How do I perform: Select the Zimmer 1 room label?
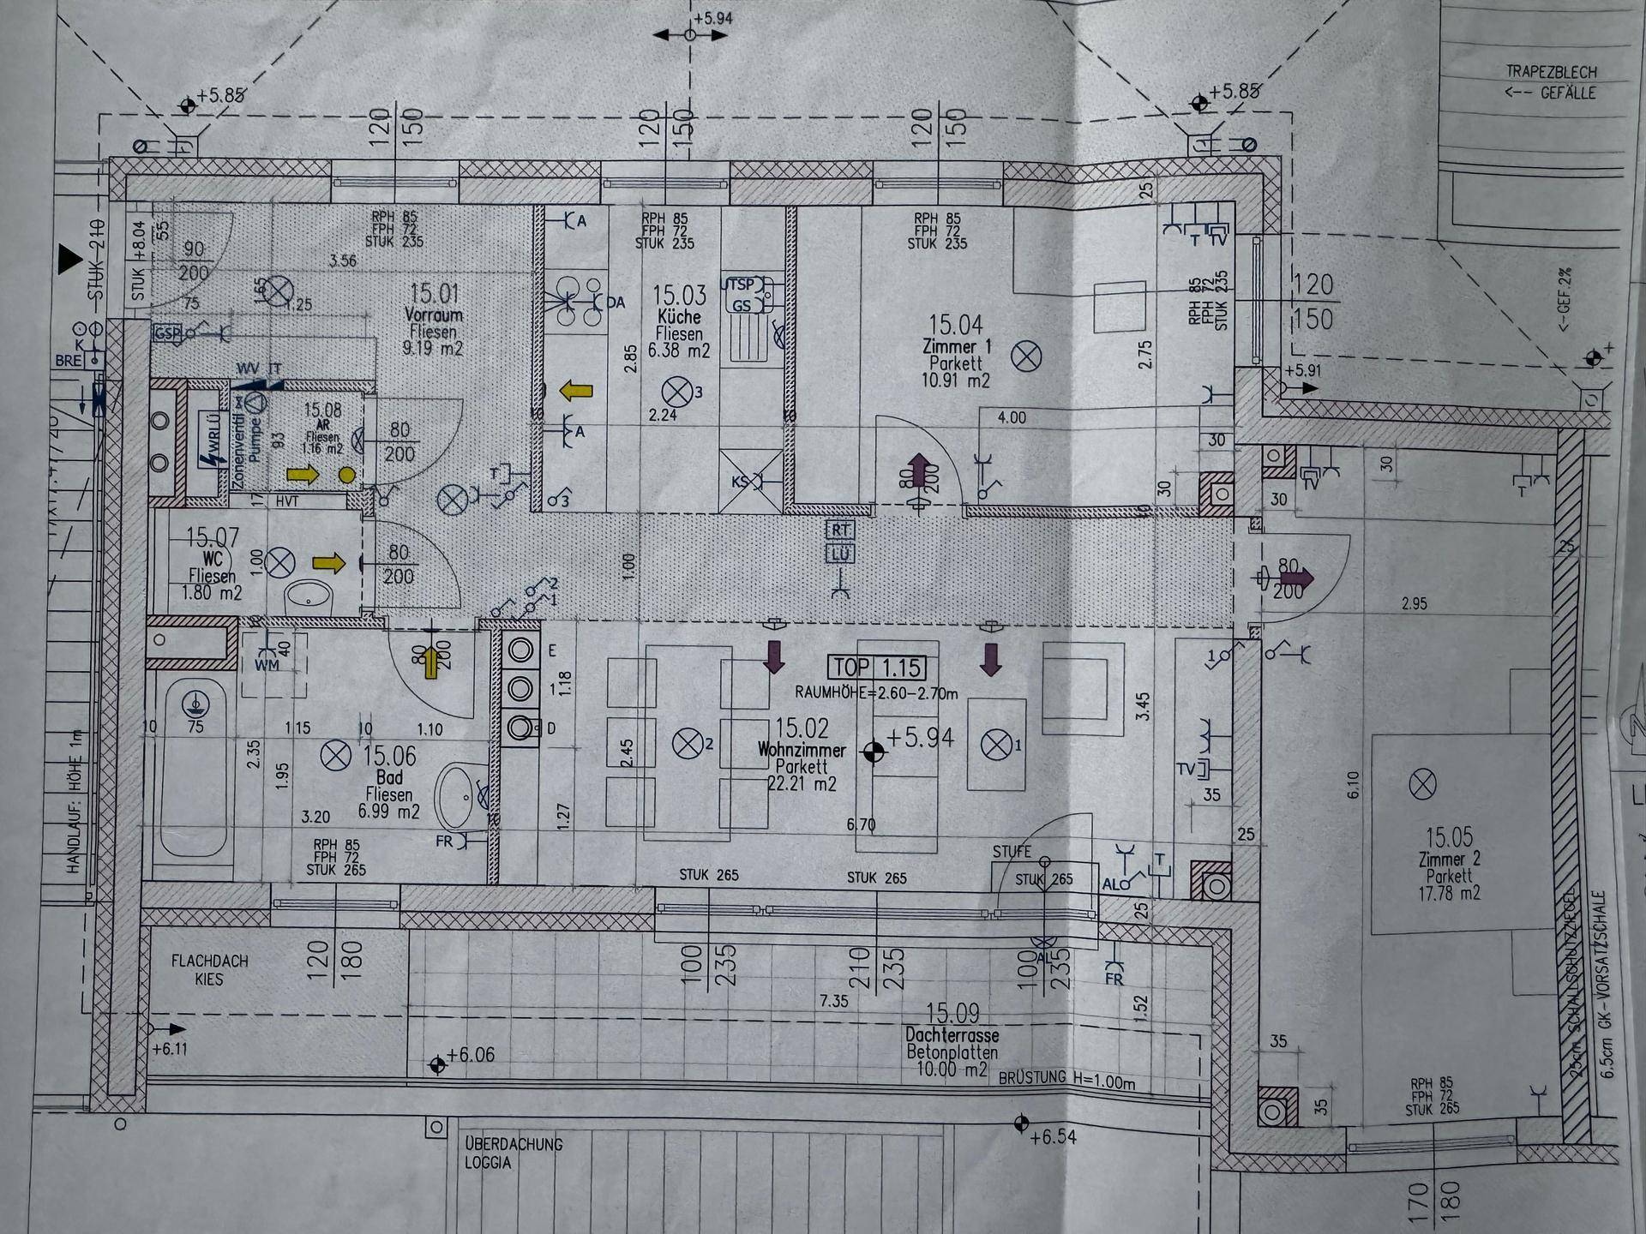(956, 347)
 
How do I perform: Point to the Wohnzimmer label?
(802, 751)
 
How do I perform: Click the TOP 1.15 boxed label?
(877, 668)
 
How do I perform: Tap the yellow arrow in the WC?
(328, 563)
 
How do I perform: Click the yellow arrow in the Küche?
(576, 392)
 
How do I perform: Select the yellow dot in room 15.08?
(346, 475)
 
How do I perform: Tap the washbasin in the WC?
(309, 595)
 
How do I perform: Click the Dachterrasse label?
(952, 1035)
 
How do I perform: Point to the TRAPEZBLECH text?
(1551, 72)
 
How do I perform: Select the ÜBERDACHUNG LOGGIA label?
(514, 1153)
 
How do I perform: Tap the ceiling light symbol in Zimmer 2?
(1422, 784)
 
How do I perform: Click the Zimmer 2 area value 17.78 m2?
(1449, 893)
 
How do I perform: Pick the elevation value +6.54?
(1053, 1138)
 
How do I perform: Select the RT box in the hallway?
(840, 530)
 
